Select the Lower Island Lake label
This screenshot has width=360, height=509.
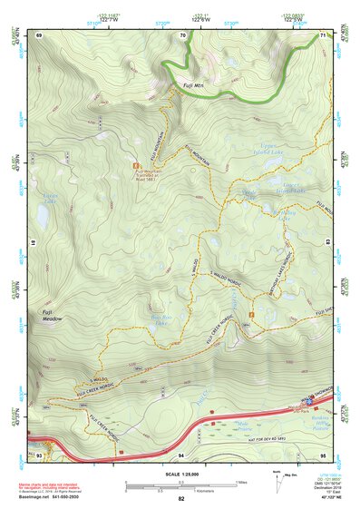tap(266, 189)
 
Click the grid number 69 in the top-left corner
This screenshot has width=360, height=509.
tap(39, 35)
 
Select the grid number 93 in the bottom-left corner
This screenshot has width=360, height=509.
tap(38, 453)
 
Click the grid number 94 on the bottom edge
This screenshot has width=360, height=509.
tap(181, 453)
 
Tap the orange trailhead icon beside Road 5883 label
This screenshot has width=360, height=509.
tap(136, 166)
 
